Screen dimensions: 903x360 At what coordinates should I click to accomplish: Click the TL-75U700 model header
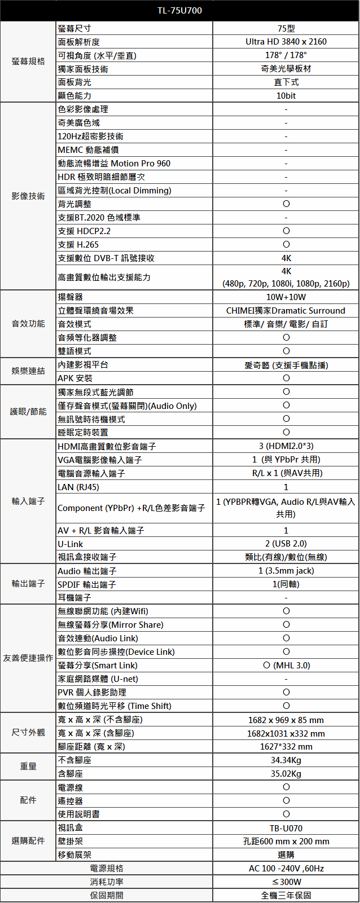[179, 11]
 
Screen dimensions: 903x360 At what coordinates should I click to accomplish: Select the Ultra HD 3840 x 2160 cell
[286, 42]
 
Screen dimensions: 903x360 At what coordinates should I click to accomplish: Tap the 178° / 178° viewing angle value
[286, 55]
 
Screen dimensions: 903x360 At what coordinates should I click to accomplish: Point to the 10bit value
[286, 96]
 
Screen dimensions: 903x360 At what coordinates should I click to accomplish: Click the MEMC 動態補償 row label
[89, 150]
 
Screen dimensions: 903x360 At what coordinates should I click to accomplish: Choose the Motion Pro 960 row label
[114, 164]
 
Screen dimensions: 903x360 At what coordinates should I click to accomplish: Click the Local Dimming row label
[115, 191]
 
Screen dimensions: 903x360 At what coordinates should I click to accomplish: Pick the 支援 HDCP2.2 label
[84, 231]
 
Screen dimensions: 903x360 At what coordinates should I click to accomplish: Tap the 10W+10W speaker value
[286, 297]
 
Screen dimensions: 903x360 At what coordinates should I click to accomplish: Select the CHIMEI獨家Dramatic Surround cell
[286, 311]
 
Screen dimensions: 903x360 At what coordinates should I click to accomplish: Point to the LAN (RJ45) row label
[78, 487]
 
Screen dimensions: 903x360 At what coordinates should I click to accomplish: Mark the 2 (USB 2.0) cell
[286, 544]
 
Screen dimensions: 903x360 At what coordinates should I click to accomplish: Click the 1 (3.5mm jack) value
[286, 571]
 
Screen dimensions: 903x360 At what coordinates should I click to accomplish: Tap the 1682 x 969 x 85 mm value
[286, 720]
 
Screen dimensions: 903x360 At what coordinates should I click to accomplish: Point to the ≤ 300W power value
[286, 882]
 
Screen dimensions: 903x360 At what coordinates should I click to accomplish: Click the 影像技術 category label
[28, 196]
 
